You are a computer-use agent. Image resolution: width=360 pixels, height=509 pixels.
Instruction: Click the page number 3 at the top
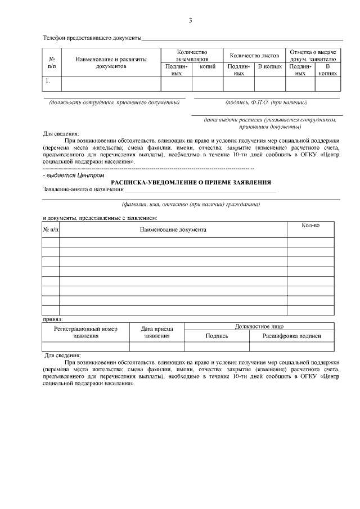pyautogui.click(x=190, y=21)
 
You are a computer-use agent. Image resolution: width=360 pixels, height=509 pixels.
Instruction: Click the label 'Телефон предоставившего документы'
pyautogui.click(x=92, y=38)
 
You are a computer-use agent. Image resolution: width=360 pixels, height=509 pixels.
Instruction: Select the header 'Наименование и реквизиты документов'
pyautogui.click(x=110, y=62)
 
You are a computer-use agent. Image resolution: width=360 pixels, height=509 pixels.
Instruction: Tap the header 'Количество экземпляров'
pyautogui.click(x=192, y=55)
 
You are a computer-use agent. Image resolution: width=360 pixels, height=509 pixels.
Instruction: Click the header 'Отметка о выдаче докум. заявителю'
pyautogui.click(x=312, y=55)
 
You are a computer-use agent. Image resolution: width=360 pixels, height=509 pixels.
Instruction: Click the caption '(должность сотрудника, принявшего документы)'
pyautogui.click(x=117, y=102)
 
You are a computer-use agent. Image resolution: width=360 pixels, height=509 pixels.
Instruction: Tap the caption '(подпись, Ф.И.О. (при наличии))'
pyautogui.click(x=266, y=102)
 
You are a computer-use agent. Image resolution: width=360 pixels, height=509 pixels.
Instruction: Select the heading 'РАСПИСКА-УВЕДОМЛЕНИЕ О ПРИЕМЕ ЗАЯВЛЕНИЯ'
pyautogui.click(x=191, y=182)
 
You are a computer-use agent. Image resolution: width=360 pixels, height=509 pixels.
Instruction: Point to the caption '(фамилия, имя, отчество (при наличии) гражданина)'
pyautogui.click(x=191, y=204)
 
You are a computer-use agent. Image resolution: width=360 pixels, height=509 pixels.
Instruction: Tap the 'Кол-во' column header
pyautogui.click(x=310, y=226)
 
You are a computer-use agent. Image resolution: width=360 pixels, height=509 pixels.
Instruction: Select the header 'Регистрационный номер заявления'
pyautogui.click(x=85, y=332)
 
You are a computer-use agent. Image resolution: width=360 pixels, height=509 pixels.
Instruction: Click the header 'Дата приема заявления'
pyautogui.click(x=157, y=332)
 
